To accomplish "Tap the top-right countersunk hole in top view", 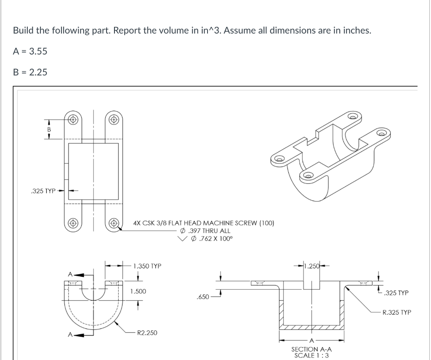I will [114, 119].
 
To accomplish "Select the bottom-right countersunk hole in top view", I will [114, 221].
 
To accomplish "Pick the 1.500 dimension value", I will [138, 291].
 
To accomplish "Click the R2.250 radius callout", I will [146, 333].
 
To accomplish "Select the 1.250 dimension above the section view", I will [312, 266].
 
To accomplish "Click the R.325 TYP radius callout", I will [397, 312].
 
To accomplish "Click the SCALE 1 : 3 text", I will [311, 355].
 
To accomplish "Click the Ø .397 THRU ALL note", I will [205, 230].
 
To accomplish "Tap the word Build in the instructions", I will [23, 31].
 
